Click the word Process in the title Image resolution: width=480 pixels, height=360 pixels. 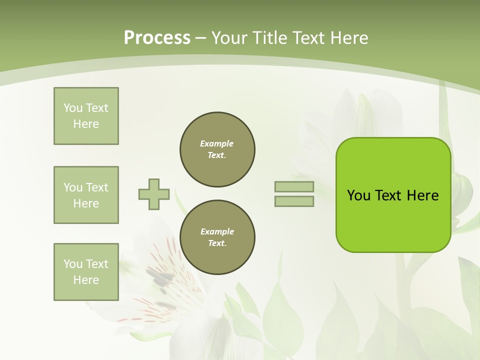[157, 38]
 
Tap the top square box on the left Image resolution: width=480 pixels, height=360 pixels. [86, 116]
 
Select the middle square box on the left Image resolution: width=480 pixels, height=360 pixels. [86, 195]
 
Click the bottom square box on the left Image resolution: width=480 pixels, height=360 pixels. [86, 272]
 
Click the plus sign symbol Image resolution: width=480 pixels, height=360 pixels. [154, 194]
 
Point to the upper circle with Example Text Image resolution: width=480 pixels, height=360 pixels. [217, 149]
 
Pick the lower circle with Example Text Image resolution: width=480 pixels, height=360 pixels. [217, 237]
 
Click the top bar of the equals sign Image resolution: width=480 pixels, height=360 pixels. [294, 187]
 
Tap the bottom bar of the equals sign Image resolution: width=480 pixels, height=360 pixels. [294, 201]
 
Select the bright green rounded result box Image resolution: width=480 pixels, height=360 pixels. [393, 194]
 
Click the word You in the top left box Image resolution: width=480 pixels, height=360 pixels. [73, 108]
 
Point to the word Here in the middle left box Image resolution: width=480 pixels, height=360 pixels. [86, 203]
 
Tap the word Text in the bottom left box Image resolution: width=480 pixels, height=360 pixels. [97, 264]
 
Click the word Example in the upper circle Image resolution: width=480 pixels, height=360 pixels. [217, 143]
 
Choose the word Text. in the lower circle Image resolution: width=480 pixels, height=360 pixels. [217, 243]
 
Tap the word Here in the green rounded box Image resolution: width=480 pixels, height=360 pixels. [422, 195]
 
